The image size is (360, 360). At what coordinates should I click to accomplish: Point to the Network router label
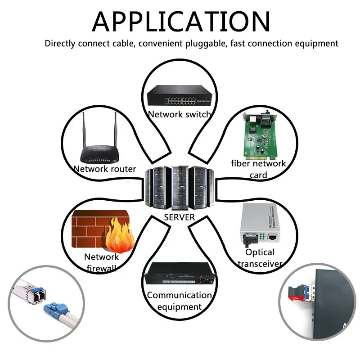[x=104, y=169]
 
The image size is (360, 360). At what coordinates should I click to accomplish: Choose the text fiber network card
[x=258, y=169]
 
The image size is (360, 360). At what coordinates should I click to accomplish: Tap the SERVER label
[x=179, y=217]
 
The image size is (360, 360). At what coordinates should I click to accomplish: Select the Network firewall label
[x=101, y=262]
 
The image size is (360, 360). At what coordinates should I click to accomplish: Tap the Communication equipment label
[x=179, y=301]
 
